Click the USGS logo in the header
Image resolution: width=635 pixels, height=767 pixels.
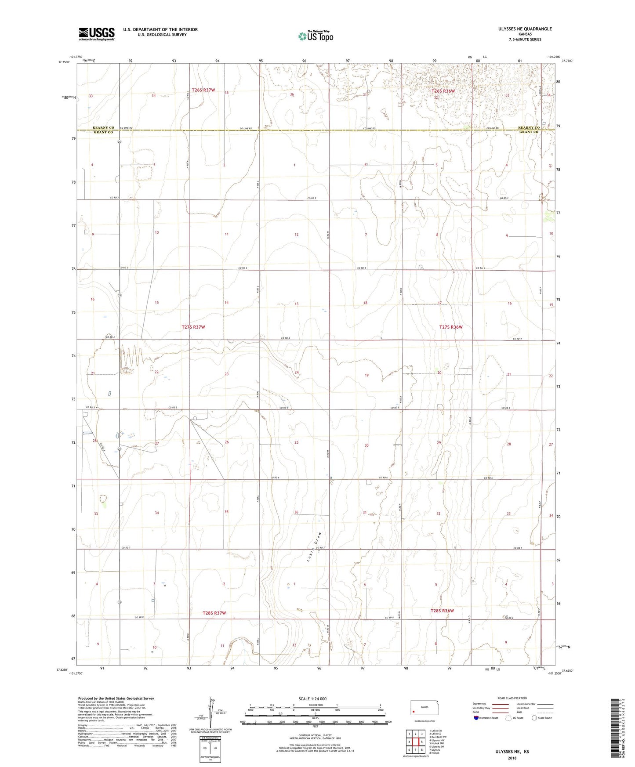97,34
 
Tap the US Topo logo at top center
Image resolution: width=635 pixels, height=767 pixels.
315,36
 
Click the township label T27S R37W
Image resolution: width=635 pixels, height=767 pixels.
193,327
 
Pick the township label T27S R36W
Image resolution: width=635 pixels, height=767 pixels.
451,327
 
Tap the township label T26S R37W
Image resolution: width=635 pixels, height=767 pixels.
203,90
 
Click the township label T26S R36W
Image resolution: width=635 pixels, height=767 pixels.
443,91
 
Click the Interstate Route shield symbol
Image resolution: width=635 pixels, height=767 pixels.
477,718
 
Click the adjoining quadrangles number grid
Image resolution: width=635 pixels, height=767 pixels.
415,739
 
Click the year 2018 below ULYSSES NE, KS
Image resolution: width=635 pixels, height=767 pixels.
512,758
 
